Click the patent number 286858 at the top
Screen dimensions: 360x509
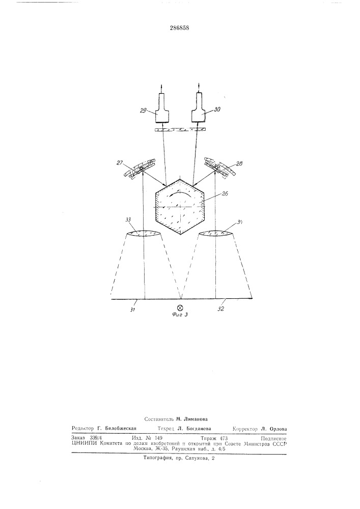click(180, 28)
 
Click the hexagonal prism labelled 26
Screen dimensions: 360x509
click(180, 206)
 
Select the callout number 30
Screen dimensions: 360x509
click(217, 109)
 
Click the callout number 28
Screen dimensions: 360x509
click(239, 164)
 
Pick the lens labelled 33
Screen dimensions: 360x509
click(143, 234)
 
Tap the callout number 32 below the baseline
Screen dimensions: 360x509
click(221, 309)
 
